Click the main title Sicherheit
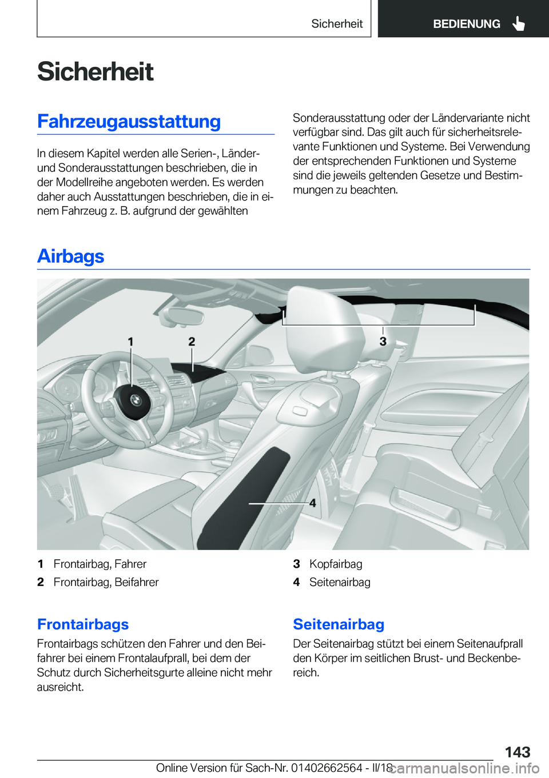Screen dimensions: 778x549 pos(95,72)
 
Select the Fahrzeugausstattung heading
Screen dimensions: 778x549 pos(129,122)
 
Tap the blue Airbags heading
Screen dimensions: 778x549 pos(70,256)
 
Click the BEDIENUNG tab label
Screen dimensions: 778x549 pos(466,24)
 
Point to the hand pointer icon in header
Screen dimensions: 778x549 pos(518,24)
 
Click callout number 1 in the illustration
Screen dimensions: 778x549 pos(130,342)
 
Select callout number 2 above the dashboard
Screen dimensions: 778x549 pos(192,342)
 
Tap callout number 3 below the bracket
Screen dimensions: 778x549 pos(383,342)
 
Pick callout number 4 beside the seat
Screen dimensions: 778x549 pos(312,503)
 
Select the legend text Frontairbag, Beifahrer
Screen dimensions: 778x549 pos(106,582)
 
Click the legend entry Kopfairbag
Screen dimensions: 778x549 pos(336,564)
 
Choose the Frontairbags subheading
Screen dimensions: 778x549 pos(83,624)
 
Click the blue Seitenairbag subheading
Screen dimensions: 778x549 pos(339,624)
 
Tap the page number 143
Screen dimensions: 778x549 pos(517,752)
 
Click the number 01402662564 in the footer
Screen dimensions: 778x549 pos(326,768)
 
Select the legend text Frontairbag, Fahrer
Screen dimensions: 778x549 pos(100,564)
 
